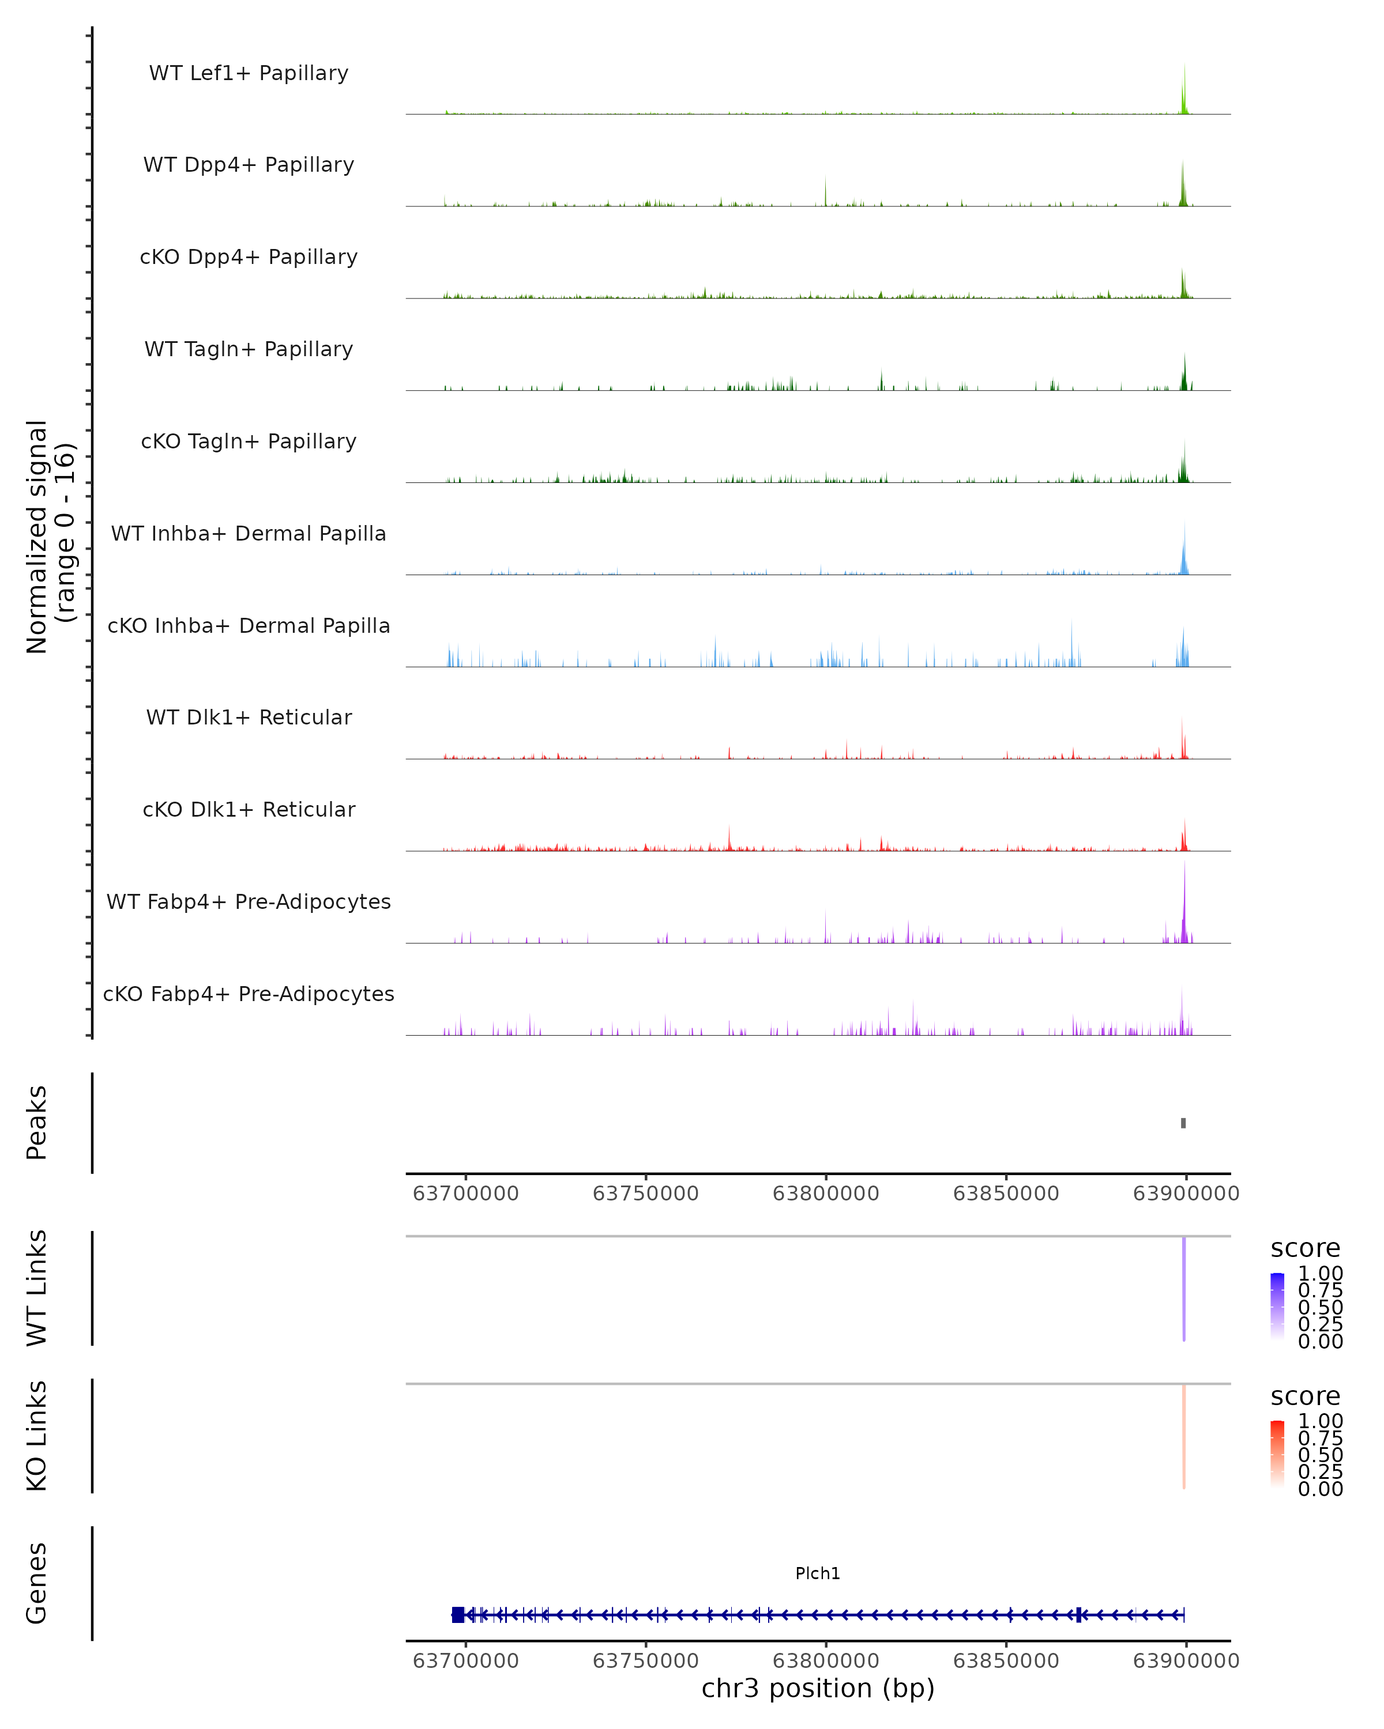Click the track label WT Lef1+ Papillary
coord(249,73)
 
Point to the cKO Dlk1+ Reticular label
coord(249,809)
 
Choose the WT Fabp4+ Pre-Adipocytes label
coord(249,901)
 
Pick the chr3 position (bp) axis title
coord(818,1688)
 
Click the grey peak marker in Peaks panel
coord(1183,1123)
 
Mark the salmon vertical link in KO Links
coord(1183,1436)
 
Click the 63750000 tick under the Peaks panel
coord(645,1194)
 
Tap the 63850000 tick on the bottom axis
coord(1006,1660)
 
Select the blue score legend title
coord(1306,1249)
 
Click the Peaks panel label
coord(37,1123)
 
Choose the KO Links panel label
coord(37,1436)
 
